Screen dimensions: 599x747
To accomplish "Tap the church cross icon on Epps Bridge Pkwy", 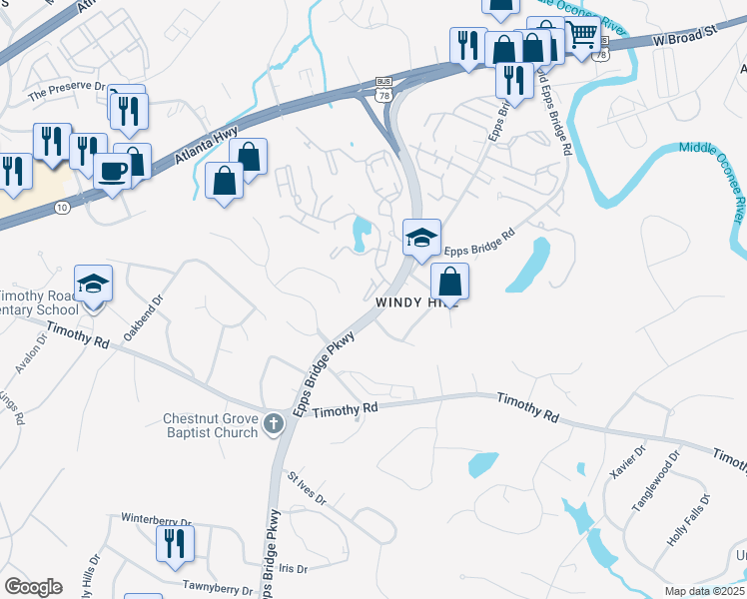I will point(273,426).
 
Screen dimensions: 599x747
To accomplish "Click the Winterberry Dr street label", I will point(156,520).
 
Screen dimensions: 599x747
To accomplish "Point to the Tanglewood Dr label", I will point(655,481).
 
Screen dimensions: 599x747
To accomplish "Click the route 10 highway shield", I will point(62,207).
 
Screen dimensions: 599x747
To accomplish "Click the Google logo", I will point(33,587).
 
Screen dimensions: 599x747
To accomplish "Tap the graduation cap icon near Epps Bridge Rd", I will point(421,238).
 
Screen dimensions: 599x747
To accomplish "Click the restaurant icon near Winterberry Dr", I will point(174,544).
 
